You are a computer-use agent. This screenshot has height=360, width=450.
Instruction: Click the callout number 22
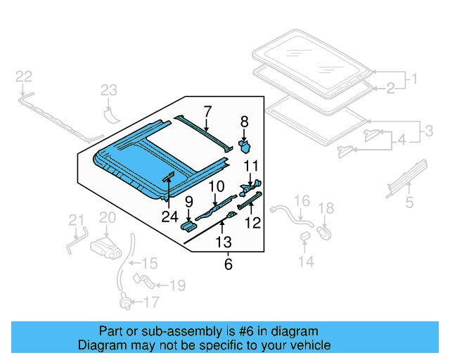point(23,77)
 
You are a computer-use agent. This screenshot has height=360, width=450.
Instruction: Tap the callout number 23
point(108,90)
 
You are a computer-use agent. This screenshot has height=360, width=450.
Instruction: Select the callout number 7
point(207,110)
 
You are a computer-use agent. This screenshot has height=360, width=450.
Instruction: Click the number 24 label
point(169,217)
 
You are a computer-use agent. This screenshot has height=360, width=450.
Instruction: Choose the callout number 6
point(227,264)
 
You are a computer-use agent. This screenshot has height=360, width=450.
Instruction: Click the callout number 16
point(301,202)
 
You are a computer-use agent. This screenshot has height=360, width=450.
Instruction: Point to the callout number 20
point(106,219)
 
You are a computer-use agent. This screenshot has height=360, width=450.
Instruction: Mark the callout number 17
point(151,304)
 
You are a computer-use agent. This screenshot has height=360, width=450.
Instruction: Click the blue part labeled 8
point(247,146)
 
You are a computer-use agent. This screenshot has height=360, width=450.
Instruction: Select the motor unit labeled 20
point(106,247)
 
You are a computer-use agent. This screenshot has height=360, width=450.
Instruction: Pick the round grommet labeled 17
point(126,304)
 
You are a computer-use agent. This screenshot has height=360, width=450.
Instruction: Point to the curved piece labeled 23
point(110,114)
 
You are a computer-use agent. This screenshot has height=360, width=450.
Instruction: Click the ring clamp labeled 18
point(325,229)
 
